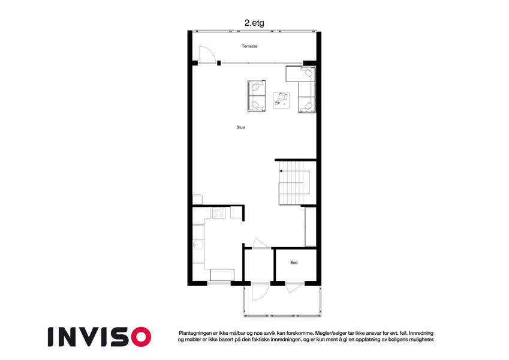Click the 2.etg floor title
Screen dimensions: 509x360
(254, 23)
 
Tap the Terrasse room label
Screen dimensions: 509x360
(249, 46)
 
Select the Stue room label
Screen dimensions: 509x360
(240, 127)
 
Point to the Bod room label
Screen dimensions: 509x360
(294, 263)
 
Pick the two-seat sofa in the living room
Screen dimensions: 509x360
(257, 96)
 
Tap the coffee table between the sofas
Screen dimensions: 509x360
(281, 100)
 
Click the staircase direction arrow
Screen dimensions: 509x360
(281, 171)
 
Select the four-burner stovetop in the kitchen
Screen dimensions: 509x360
(218, 213)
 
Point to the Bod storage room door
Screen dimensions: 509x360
(294, 288)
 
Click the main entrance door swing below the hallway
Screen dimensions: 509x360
(260, 292)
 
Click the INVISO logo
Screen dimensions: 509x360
(100, 337)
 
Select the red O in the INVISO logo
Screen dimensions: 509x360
(141, 337)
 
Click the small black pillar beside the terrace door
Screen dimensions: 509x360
(219, 63)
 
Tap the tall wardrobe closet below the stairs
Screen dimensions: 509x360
(311, 227)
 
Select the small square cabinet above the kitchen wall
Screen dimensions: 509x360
(197, 199)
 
